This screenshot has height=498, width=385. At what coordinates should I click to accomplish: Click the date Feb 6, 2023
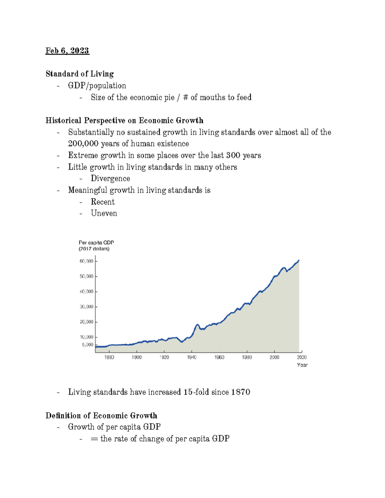pos(67,51)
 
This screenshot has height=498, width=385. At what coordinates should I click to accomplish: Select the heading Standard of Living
pos(80,74)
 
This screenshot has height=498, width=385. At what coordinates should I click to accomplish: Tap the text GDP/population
pos(97,86)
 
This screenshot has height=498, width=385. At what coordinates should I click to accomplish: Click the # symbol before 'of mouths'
pos(185,97)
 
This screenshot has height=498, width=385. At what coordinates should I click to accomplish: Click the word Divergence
pos(110,179)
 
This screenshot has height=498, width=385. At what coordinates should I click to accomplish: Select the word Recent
pos(103,202)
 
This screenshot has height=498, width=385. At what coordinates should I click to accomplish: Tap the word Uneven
pos(104,214)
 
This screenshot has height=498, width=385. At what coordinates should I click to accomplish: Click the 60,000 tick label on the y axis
pos(86,261)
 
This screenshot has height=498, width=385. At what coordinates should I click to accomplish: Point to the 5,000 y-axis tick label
pos(88,345)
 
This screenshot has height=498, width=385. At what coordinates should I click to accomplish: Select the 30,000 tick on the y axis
pos(86,307)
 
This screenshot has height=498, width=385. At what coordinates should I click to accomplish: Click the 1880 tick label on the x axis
pos(109,358)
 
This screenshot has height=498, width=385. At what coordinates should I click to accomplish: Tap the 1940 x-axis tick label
pos(192,358)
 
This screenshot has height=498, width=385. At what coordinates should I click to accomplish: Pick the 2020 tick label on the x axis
pos(302,358)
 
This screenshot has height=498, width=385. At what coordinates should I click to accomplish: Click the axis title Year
pos(302,365)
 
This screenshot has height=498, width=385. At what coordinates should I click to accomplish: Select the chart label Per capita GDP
pos(96,243)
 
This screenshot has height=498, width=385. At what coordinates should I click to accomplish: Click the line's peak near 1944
pos(197,325)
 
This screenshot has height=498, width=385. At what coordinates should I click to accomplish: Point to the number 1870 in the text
pos(241,392)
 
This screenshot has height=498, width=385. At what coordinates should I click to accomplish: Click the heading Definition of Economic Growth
pos(101,416)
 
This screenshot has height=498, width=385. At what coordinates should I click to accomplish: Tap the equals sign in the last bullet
pos(94,439)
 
